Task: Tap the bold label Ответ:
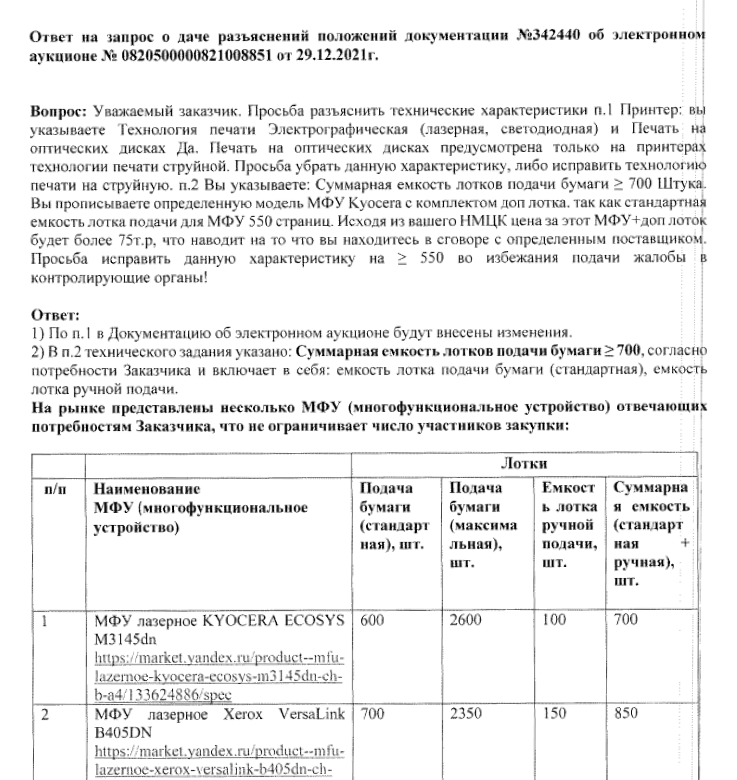[55, 315]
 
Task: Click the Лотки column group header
[523, 463]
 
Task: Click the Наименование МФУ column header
[201, 508]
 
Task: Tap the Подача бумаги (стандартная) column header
[394, 516]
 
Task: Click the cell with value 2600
[465, 619]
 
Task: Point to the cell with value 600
[372, 619]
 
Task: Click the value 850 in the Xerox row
[625, 713]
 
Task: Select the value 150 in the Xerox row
[554, 713]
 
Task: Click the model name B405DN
[123, 733]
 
